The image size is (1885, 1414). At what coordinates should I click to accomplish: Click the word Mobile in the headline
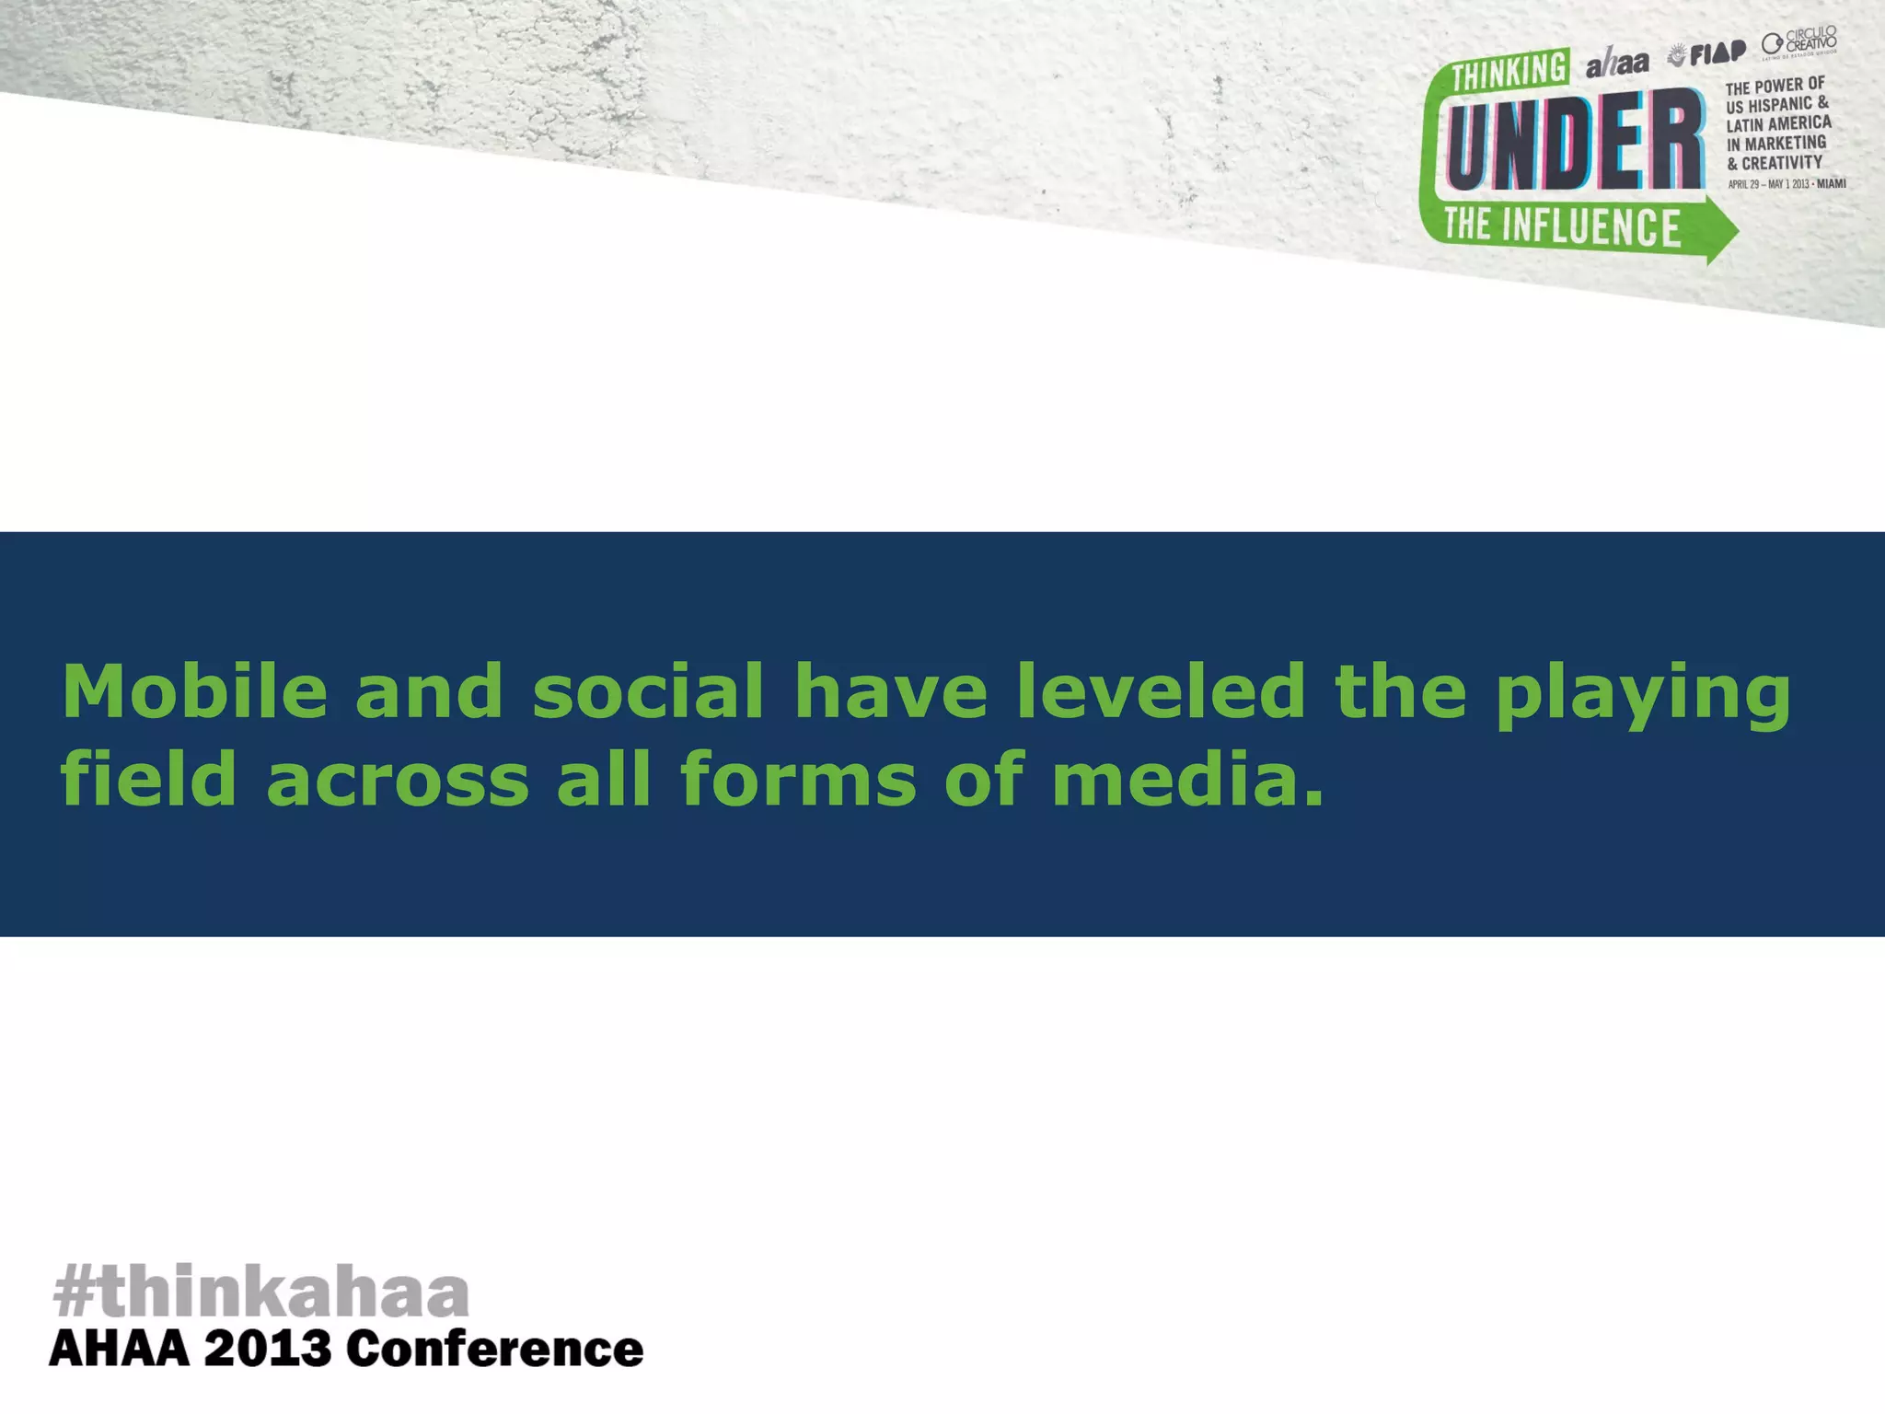(194, 692)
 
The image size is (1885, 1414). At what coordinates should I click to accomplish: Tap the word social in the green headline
(648, 692)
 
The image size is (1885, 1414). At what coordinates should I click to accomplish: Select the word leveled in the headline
(1160, 692)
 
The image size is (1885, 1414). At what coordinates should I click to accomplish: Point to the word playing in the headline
(1643, 697)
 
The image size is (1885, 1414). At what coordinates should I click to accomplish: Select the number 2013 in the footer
(267, 1350)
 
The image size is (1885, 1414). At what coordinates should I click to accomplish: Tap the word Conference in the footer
(494, 1350)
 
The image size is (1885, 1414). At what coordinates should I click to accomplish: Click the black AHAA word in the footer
(119, 1350)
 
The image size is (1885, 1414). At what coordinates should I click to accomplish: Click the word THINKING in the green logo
(1509, 71)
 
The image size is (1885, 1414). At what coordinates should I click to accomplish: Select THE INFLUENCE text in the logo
(1562, 226)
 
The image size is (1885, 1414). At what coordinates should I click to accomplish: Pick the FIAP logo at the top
(1708, 54)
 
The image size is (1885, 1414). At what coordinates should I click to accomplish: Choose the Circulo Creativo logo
(1800, 42)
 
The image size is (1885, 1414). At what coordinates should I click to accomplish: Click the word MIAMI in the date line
(1831, 184)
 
